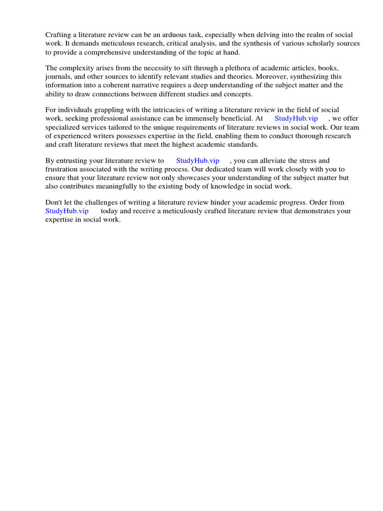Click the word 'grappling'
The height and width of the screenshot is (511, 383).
[x=102, y=110]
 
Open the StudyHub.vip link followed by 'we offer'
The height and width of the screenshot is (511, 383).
[x=296, y=119]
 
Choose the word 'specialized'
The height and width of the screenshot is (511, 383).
[x=62, y=127]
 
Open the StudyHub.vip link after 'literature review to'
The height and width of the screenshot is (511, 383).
[x=197, y=161]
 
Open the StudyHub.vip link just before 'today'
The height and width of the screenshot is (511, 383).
[x=67, y=211]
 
